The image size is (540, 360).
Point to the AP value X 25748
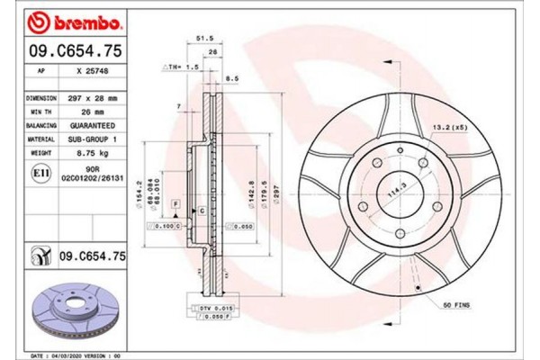[x=94, y=70]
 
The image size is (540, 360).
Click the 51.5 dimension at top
[x=204, y=39]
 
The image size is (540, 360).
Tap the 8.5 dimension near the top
[x=233, y=79]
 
